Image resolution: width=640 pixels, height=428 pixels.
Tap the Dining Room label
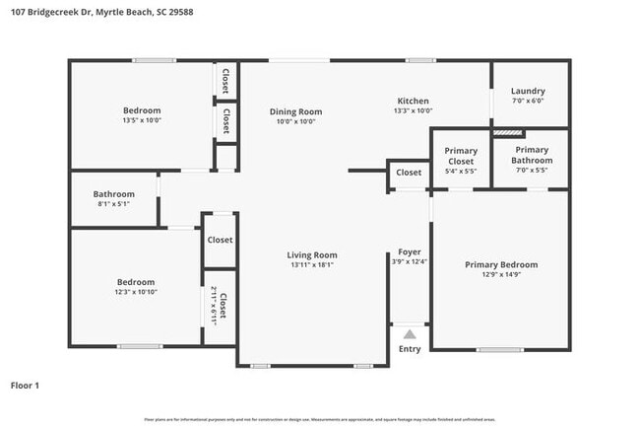tap(295, 111)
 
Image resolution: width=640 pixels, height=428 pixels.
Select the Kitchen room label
tap(412, 102)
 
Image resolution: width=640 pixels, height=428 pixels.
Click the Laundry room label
tap(528, 92)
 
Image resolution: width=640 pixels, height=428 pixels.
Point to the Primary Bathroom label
tap(532, 155)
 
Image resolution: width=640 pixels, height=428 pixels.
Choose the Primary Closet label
tap(461, 156)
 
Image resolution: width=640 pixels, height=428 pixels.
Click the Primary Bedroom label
tap(501, 264)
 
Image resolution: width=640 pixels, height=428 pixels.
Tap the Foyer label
tap(409, 252)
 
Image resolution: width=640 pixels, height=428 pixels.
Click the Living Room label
tap(312, 255)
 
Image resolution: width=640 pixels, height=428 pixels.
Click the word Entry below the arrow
tap(410, 349)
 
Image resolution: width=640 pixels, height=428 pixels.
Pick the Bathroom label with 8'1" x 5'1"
tap(113, 194)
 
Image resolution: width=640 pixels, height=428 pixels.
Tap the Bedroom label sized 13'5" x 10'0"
tap(141, 110)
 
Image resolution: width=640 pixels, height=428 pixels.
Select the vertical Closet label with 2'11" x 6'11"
tap(222, 307)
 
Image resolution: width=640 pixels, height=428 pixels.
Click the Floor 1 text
tap(25, 386)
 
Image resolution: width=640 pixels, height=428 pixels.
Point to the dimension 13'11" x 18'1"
tap(312, 265)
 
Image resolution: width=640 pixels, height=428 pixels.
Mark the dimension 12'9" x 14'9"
tap(501, 275)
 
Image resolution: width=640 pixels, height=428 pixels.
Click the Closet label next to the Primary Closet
tap(409, 173)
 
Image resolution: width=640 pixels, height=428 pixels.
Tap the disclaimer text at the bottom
tap(319, 419)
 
